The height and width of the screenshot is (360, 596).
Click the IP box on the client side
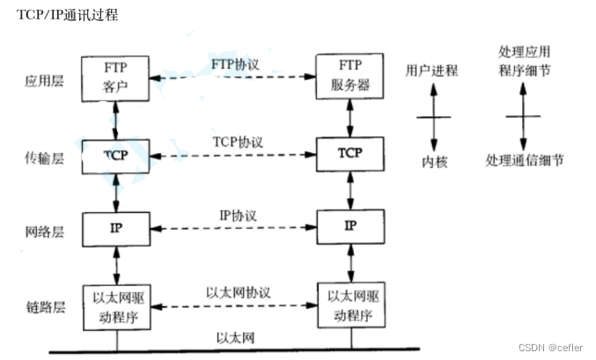[x=114, y=227]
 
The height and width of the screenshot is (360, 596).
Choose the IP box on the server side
[x=350, y=227]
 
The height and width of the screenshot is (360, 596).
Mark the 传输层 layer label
[x=43, y=159]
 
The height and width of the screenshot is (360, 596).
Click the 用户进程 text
[x=431, y=71]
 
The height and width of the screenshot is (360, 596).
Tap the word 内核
[x=431, y=161]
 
